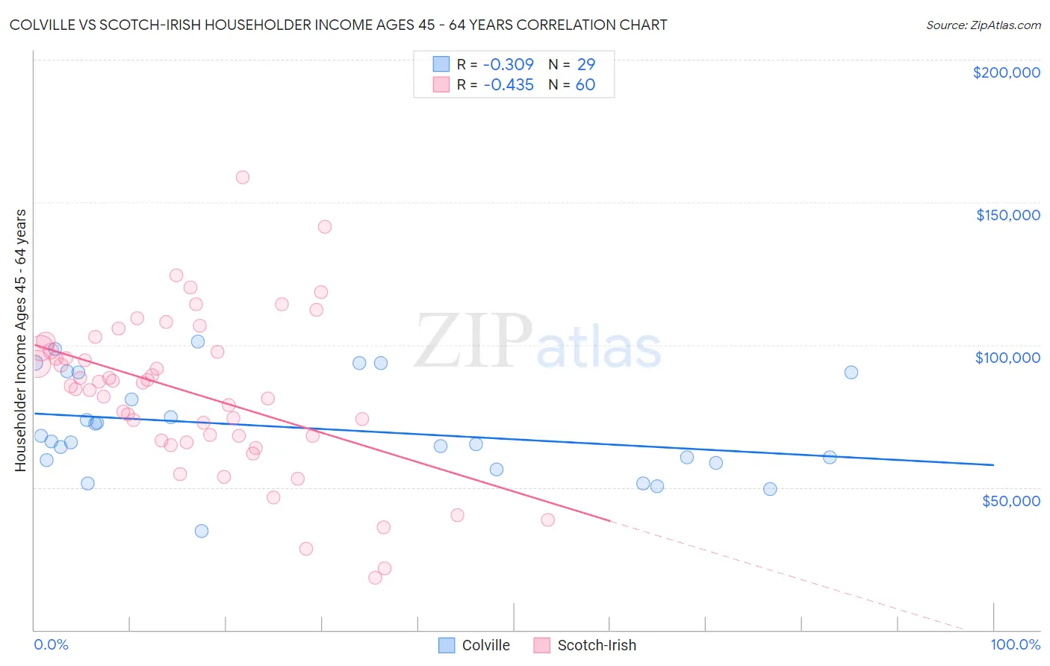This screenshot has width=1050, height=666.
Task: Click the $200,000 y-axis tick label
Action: click(1006, 72)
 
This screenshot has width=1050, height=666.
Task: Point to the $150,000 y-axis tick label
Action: click(1007, 215)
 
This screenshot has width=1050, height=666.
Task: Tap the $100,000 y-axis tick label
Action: click(1007, 358)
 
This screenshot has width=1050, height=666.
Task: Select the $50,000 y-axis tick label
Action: click(1010, 501)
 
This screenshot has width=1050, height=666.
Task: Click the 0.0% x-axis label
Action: click(51, 644)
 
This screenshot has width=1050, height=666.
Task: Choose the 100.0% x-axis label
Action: click(1015, 644)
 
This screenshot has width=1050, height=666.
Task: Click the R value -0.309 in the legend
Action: click(509, 65)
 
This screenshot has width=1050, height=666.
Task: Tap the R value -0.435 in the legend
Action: click(509, 85)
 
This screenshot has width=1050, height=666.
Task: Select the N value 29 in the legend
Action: click(586, 65)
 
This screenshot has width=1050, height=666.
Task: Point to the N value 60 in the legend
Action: click(585, 85)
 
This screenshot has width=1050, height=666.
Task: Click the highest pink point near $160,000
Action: click(242, 178)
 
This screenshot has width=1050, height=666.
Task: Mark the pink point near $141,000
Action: click(324, 227)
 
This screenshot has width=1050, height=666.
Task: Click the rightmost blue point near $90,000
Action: click(851, 373)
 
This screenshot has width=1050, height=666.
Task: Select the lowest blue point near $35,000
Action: click(201, 532)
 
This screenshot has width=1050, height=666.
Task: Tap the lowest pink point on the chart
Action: click(375, 578)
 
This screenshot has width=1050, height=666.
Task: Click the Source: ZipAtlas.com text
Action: click(983, 25)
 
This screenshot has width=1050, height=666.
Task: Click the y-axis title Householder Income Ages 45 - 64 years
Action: click(21, 340)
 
